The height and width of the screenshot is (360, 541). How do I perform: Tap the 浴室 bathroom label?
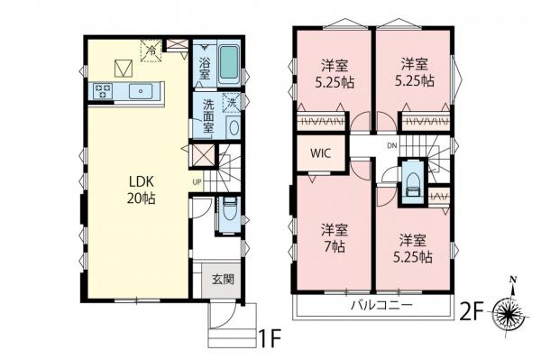point(206,63)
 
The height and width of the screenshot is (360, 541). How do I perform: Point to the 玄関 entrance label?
point(223,280)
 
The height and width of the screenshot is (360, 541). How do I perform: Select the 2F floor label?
point(473,314)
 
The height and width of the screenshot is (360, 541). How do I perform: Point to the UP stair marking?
point(196,180)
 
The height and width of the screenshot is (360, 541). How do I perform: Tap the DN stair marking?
point(392,146)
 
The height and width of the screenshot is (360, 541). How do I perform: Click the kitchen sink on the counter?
point(141,90)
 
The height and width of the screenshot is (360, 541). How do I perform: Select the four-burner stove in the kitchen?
point(100,90)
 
